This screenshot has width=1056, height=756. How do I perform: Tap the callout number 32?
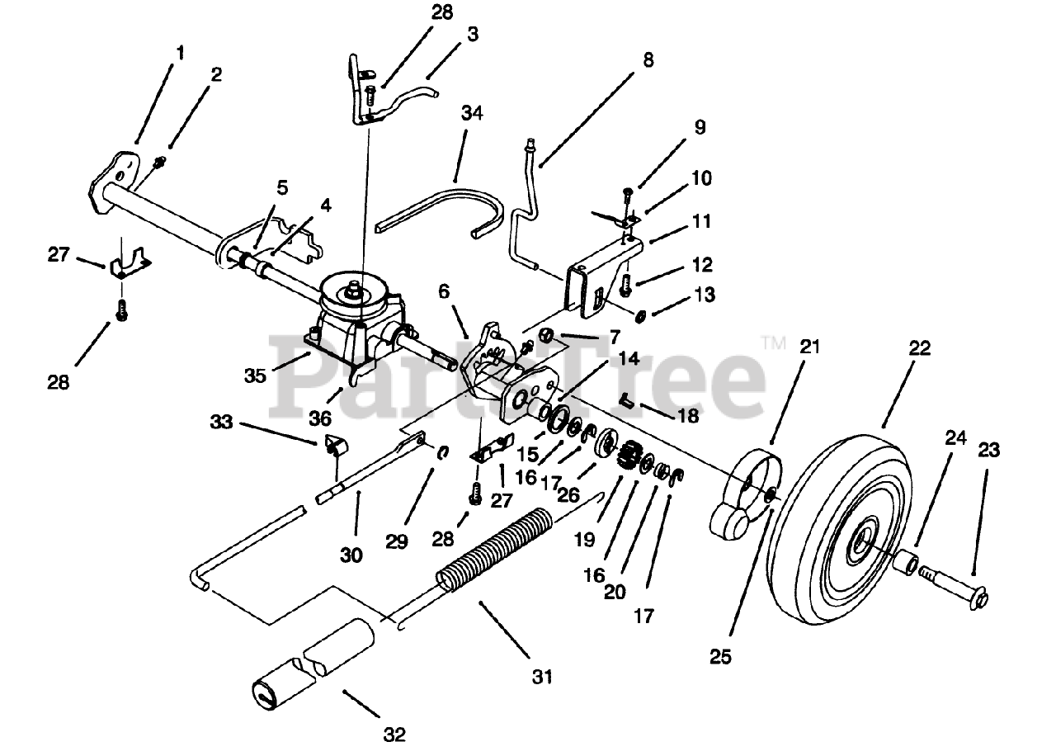(x=394, y=734)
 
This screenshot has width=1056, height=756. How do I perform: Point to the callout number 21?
(x=810, y=347)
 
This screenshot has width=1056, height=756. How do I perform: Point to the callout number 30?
(x=351, y=555)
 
